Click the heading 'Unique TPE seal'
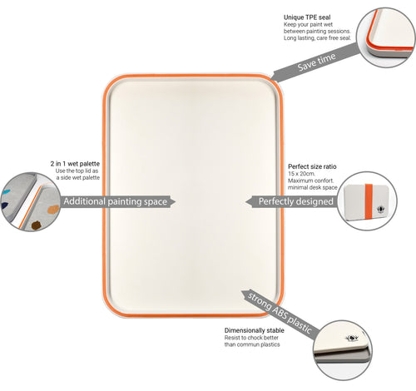click(307, 17)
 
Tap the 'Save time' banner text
click(316, 62)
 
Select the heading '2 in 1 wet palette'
click(75, 164)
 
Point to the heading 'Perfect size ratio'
click(312, 166)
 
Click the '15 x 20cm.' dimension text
click(301, 174)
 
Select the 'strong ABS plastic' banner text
click(280, 313)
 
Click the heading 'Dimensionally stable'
click(255, 330)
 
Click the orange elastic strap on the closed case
click(369, 201)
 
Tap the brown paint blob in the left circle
click(36, 225)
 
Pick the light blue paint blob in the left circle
click(7, 192)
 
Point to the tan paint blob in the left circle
click(53, 210)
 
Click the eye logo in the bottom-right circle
click(352, 338)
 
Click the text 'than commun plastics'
click(252, 344)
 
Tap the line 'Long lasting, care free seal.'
click(317, 38)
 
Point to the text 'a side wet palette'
click(78, 178)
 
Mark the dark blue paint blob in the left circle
click(5, 205)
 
